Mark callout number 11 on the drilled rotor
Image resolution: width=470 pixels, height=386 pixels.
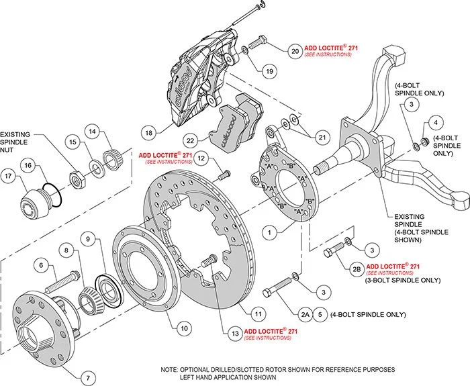pyautogui.click(x=257, y=313)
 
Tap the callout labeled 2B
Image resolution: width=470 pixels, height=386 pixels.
pyautogui.click(x=356, y=270)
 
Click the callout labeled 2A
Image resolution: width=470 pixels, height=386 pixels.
pyautogui.click(x=305, y=313)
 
